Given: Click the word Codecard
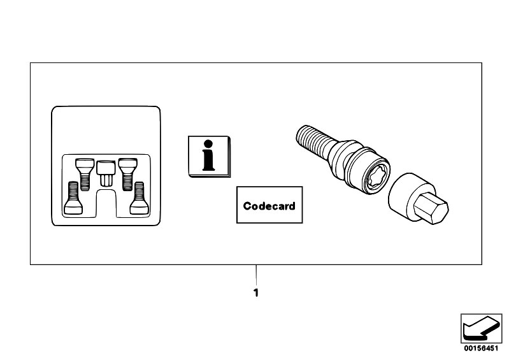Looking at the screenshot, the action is tap(269, 206).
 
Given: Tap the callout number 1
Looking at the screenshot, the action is tap(256, 293).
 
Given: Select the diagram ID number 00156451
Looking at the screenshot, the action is tap(481, 349).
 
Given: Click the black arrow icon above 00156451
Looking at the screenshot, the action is tap(481, 328).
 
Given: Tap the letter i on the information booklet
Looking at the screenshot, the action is tap(208, 155).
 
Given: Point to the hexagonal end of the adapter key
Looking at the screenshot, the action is tap(431, 208).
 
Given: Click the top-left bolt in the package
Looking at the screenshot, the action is tap(84, 174).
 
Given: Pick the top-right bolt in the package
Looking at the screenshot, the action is tap(127, 174).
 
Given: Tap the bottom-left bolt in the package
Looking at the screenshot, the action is tap(73, 198).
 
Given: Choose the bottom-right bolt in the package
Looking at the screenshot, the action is tap(139, 198).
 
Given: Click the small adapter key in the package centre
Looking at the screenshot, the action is tap(106, 173).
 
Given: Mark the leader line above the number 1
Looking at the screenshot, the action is tap(256, 275).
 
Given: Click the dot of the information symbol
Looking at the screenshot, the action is tap(208, 144).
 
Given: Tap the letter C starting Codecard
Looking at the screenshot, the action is tap(247, 206).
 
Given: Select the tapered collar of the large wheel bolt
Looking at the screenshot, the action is tap(340, 155).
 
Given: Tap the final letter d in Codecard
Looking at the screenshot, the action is tap(291, 206).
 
